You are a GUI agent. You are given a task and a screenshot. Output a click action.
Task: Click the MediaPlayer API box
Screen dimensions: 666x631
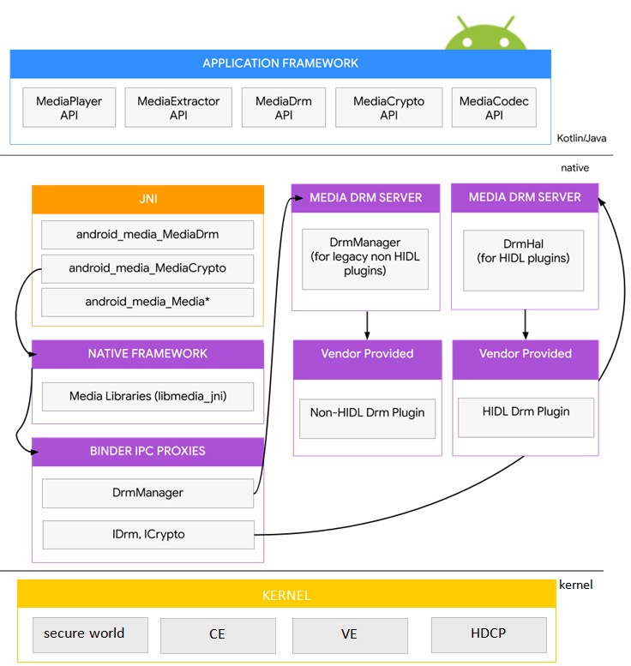[x=69, y=107]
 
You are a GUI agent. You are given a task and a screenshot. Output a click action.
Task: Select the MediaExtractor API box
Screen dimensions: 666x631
[x=178, y=107]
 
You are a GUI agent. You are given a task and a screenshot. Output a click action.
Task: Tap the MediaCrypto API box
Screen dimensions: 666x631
[x=388, y=107]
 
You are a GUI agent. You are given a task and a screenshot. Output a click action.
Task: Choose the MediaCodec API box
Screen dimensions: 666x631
[x=494, y=107]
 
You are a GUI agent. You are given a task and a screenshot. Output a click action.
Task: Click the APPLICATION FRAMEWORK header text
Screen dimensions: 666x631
[x=280, y=63]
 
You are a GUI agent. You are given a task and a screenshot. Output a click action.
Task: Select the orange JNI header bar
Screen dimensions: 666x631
[x=147, y=199]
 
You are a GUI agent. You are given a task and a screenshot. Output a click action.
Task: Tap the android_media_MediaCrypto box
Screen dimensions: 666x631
[x=147, y=268]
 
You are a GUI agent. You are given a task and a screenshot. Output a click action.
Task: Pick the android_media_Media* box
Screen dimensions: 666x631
[x=147, y=302]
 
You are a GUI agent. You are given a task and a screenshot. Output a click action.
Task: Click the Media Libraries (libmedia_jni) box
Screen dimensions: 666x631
[x=147, y=396]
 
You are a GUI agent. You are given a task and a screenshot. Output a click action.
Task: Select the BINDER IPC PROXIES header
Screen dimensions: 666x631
[x=147, y=451]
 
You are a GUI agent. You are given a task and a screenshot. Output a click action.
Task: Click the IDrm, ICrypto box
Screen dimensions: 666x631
[x=148, y=534]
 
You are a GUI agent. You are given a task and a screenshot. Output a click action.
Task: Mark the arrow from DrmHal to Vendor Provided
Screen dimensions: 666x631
[x=524, y=323]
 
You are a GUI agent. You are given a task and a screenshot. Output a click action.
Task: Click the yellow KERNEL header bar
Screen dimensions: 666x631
[x=286, y=595]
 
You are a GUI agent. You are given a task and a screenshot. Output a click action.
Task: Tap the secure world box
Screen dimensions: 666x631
[x=84, y=634]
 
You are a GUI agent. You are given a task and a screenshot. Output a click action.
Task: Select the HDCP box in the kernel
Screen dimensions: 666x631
[x=489, y=634]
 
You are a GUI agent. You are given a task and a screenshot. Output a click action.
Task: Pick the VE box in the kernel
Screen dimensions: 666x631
[x=349, y=635]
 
